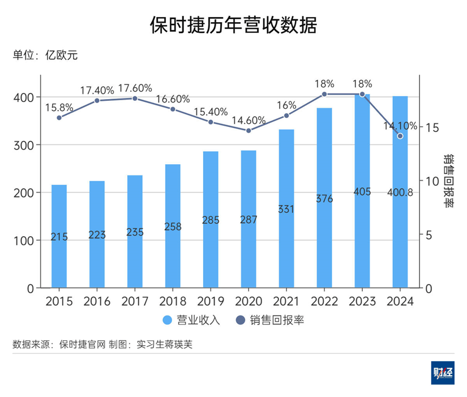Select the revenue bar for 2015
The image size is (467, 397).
click(x=59, y=236)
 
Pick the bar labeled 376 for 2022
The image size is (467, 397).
click(x=324, y=198)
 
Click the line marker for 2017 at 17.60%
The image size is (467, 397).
click(x=135, y=98)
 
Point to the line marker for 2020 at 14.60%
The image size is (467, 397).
click(x=249, y=130)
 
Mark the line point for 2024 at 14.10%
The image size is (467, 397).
click(x=400, y=136)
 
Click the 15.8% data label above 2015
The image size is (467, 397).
click(x=59, y=106)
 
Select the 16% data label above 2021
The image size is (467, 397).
click(x=286, y=105)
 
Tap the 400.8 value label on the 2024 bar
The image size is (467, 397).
click(x=400, y=193)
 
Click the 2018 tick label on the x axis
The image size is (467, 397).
click(x=173, y=301)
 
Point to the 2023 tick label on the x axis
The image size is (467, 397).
click(x=362, y=301)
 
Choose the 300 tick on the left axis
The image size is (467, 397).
click(x=23, y=145)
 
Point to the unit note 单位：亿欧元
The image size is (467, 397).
click(x=45, y=56)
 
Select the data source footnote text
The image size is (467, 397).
click(x=102, y=344)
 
